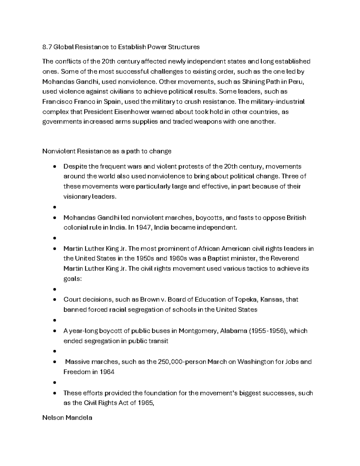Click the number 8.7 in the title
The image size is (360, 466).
coord(47,47)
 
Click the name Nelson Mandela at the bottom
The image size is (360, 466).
coord(67,417)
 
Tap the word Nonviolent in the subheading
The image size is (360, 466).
coord(59,151)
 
